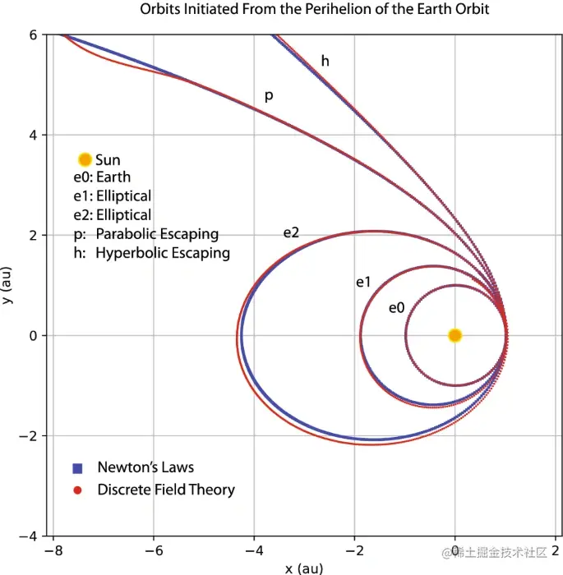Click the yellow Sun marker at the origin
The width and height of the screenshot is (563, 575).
455,335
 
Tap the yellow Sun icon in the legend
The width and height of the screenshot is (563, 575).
84,160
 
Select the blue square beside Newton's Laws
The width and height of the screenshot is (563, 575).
77,468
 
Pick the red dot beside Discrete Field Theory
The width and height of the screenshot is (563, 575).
77,490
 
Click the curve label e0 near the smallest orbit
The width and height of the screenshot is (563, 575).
397,308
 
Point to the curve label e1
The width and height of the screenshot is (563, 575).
363,283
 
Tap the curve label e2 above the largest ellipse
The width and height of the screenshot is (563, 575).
291,232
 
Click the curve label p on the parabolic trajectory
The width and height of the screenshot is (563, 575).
268,97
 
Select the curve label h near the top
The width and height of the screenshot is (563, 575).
325,61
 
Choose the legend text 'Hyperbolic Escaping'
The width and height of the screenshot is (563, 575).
163,253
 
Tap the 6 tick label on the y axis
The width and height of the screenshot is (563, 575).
34,34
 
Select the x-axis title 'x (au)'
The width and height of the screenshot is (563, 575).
304,568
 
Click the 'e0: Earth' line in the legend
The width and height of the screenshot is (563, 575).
102,177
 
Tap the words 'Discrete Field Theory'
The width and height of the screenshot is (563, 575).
166,490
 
